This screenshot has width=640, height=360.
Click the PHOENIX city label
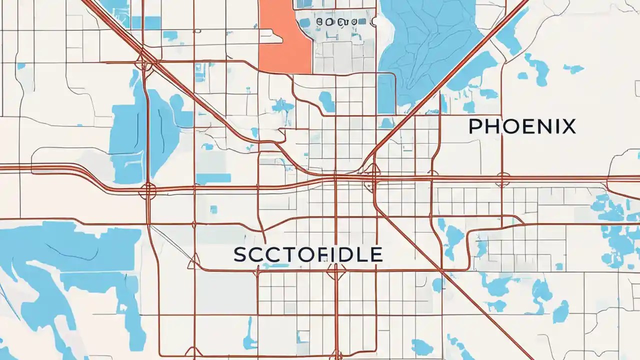coord(522,126)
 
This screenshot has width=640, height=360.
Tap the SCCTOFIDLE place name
coord(308,254)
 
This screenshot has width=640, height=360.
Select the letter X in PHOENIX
coord(568,126)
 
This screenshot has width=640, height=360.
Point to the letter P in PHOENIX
coord(475,126)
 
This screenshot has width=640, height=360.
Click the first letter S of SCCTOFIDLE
coord(240,254)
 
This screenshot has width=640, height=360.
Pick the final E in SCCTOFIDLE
coord(376,254)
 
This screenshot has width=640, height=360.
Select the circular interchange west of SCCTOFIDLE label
coord(148,190)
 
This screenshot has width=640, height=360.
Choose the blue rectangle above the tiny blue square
coord(213,178)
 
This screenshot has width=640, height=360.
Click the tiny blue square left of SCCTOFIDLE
coord(214,209)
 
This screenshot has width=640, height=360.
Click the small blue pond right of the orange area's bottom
coord(326,101)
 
